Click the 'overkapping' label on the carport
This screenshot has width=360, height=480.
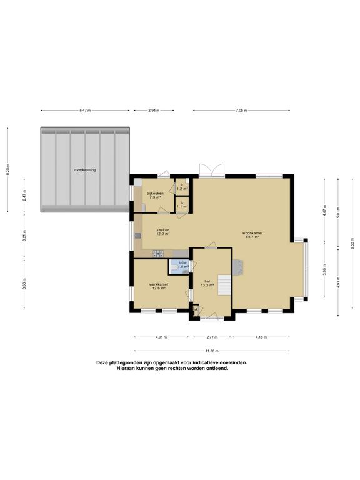coord(85,169)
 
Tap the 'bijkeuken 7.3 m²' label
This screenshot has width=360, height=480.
coord(155,195)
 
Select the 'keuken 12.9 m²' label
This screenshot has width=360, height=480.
coord(163,232)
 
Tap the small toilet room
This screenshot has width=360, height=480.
coord(182,266)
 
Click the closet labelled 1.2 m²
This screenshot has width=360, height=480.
coord(182,186)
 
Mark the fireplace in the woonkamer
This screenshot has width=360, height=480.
coord(238,267)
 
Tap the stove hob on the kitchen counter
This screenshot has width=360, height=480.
coord(159,254)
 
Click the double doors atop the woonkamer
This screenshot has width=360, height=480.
coord(210,170)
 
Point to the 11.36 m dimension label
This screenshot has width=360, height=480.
coord(212,351)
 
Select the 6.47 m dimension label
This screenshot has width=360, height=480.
coord(85,111)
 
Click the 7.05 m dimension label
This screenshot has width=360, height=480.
coord(241,111)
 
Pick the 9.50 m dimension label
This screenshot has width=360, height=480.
coord(352,244)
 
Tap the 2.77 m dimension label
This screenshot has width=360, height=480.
coord(211,337)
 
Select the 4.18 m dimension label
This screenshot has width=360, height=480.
coord(261,337)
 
